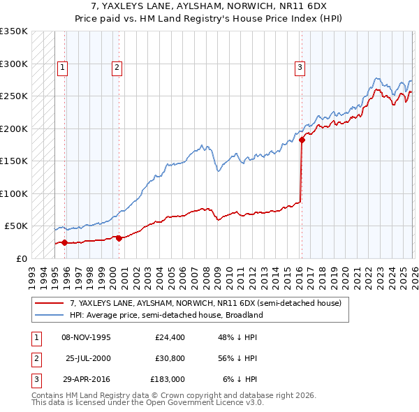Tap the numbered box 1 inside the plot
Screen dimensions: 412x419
click(63, 68)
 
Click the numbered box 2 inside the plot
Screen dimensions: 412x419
click(116, 68)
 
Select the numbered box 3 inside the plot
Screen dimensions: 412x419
click(300, 68)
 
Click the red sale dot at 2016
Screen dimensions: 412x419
click(302, 140)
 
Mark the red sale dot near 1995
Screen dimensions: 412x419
click(64, 243)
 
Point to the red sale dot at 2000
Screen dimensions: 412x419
click(119, 238)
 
